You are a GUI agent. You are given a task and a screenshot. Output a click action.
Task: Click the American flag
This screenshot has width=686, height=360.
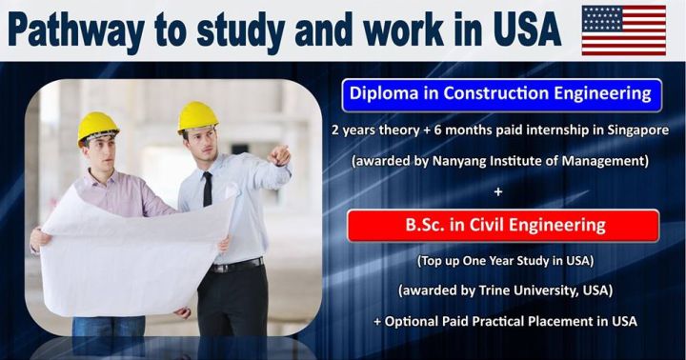pyautogui.click(x=623, y=30)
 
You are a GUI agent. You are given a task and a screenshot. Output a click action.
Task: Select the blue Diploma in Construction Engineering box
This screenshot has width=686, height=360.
pyautogui.click(x=500, y=93)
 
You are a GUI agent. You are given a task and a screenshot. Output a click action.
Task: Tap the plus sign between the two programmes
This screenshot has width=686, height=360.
pyautogui.click(x=499, y=193)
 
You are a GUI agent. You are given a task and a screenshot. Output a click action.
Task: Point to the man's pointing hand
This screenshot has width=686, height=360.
pyautogui.click(x=281, y=154)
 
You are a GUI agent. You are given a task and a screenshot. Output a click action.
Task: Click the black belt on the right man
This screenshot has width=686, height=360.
pyautogui.click(x=234, y=266)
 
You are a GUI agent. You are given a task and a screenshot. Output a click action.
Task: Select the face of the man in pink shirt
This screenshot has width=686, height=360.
pyautogui.click(x=102, y=154)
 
